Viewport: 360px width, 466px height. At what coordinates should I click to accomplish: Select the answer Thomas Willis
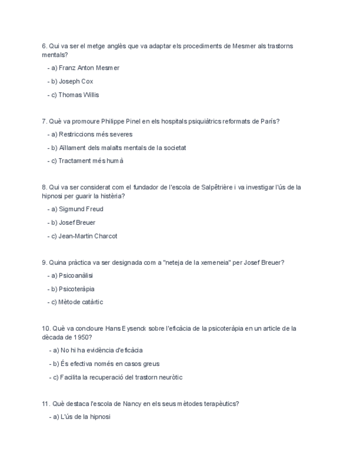click(79, 95)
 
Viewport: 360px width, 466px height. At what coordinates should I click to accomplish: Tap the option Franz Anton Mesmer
click(88, 68)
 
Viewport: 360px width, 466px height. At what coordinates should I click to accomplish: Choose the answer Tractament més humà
click(91, 161)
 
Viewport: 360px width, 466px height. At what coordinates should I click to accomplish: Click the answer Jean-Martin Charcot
click(87, 236)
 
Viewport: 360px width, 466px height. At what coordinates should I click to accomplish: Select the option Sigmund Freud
click(81, 209)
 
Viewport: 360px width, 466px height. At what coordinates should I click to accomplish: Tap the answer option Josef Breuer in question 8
click(77, 223)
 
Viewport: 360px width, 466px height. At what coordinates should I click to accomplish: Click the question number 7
click(44, 121)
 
